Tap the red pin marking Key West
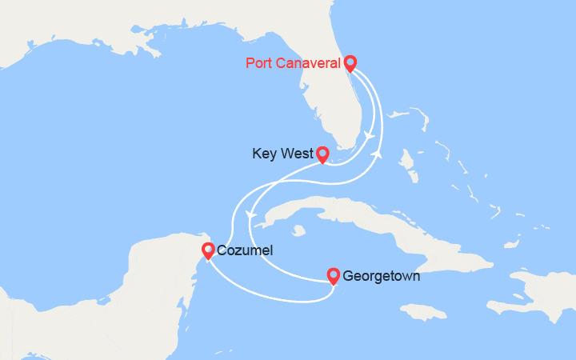pyautogui.click(x=322, y=153)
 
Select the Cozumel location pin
pyautogui.click(x=208, y=250)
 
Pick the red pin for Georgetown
pyautogui.click(x=334, y=275)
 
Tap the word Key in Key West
pyautogui.click(x=264, y=153)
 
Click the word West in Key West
pyautogui.click(x=296, y=153)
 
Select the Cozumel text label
pyautogui.click(x=245, y=250)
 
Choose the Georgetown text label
pyautogui.click(x=382, y=277)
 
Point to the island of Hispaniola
pyautogui.click(x=536, y=292)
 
